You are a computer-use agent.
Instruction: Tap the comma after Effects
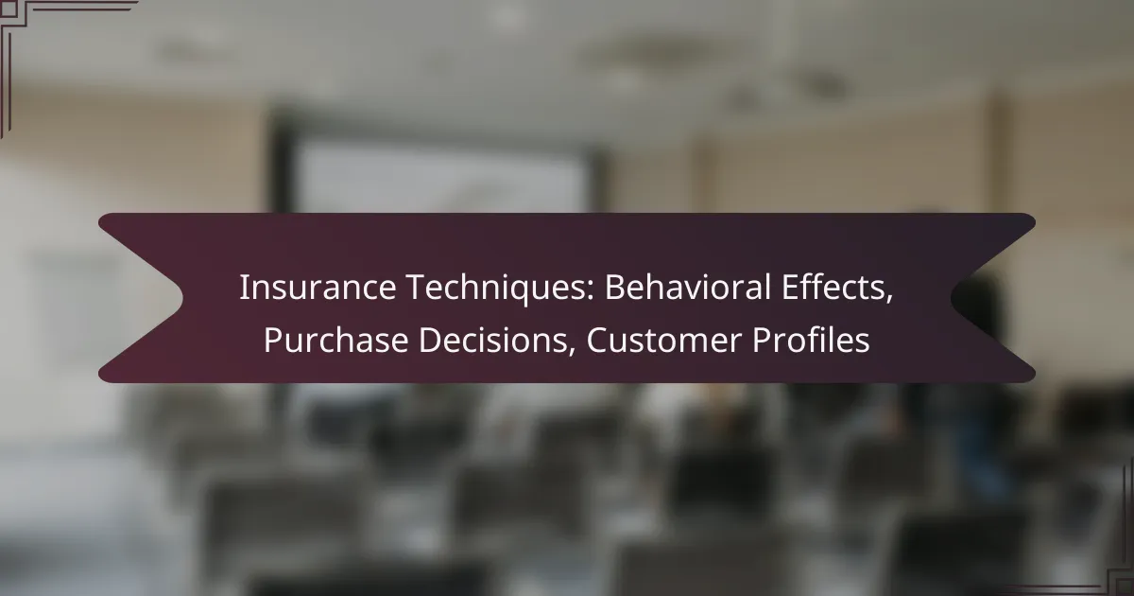tap(889, 299)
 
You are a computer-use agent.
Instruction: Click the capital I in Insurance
tap(243, 288)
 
